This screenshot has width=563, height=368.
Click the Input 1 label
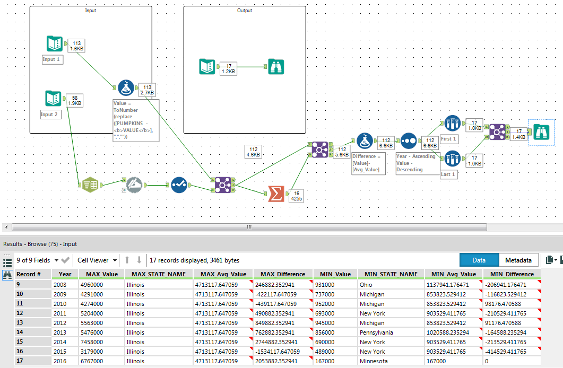(51, 60)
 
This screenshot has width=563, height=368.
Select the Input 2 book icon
(53, 99)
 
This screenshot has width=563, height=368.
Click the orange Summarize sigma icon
(275, 194)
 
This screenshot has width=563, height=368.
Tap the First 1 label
(449, 139)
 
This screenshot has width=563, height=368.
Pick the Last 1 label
(449, 174)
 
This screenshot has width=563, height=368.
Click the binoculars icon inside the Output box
(276, 66)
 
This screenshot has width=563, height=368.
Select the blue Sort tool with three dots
(408, 141)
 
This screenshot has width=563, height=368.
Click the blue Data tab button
(479, 260)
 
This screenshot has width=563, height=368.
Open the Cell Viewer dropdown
(97, 260)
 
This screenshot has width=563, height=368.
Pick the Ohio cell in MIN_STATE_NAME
(367, 285)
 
